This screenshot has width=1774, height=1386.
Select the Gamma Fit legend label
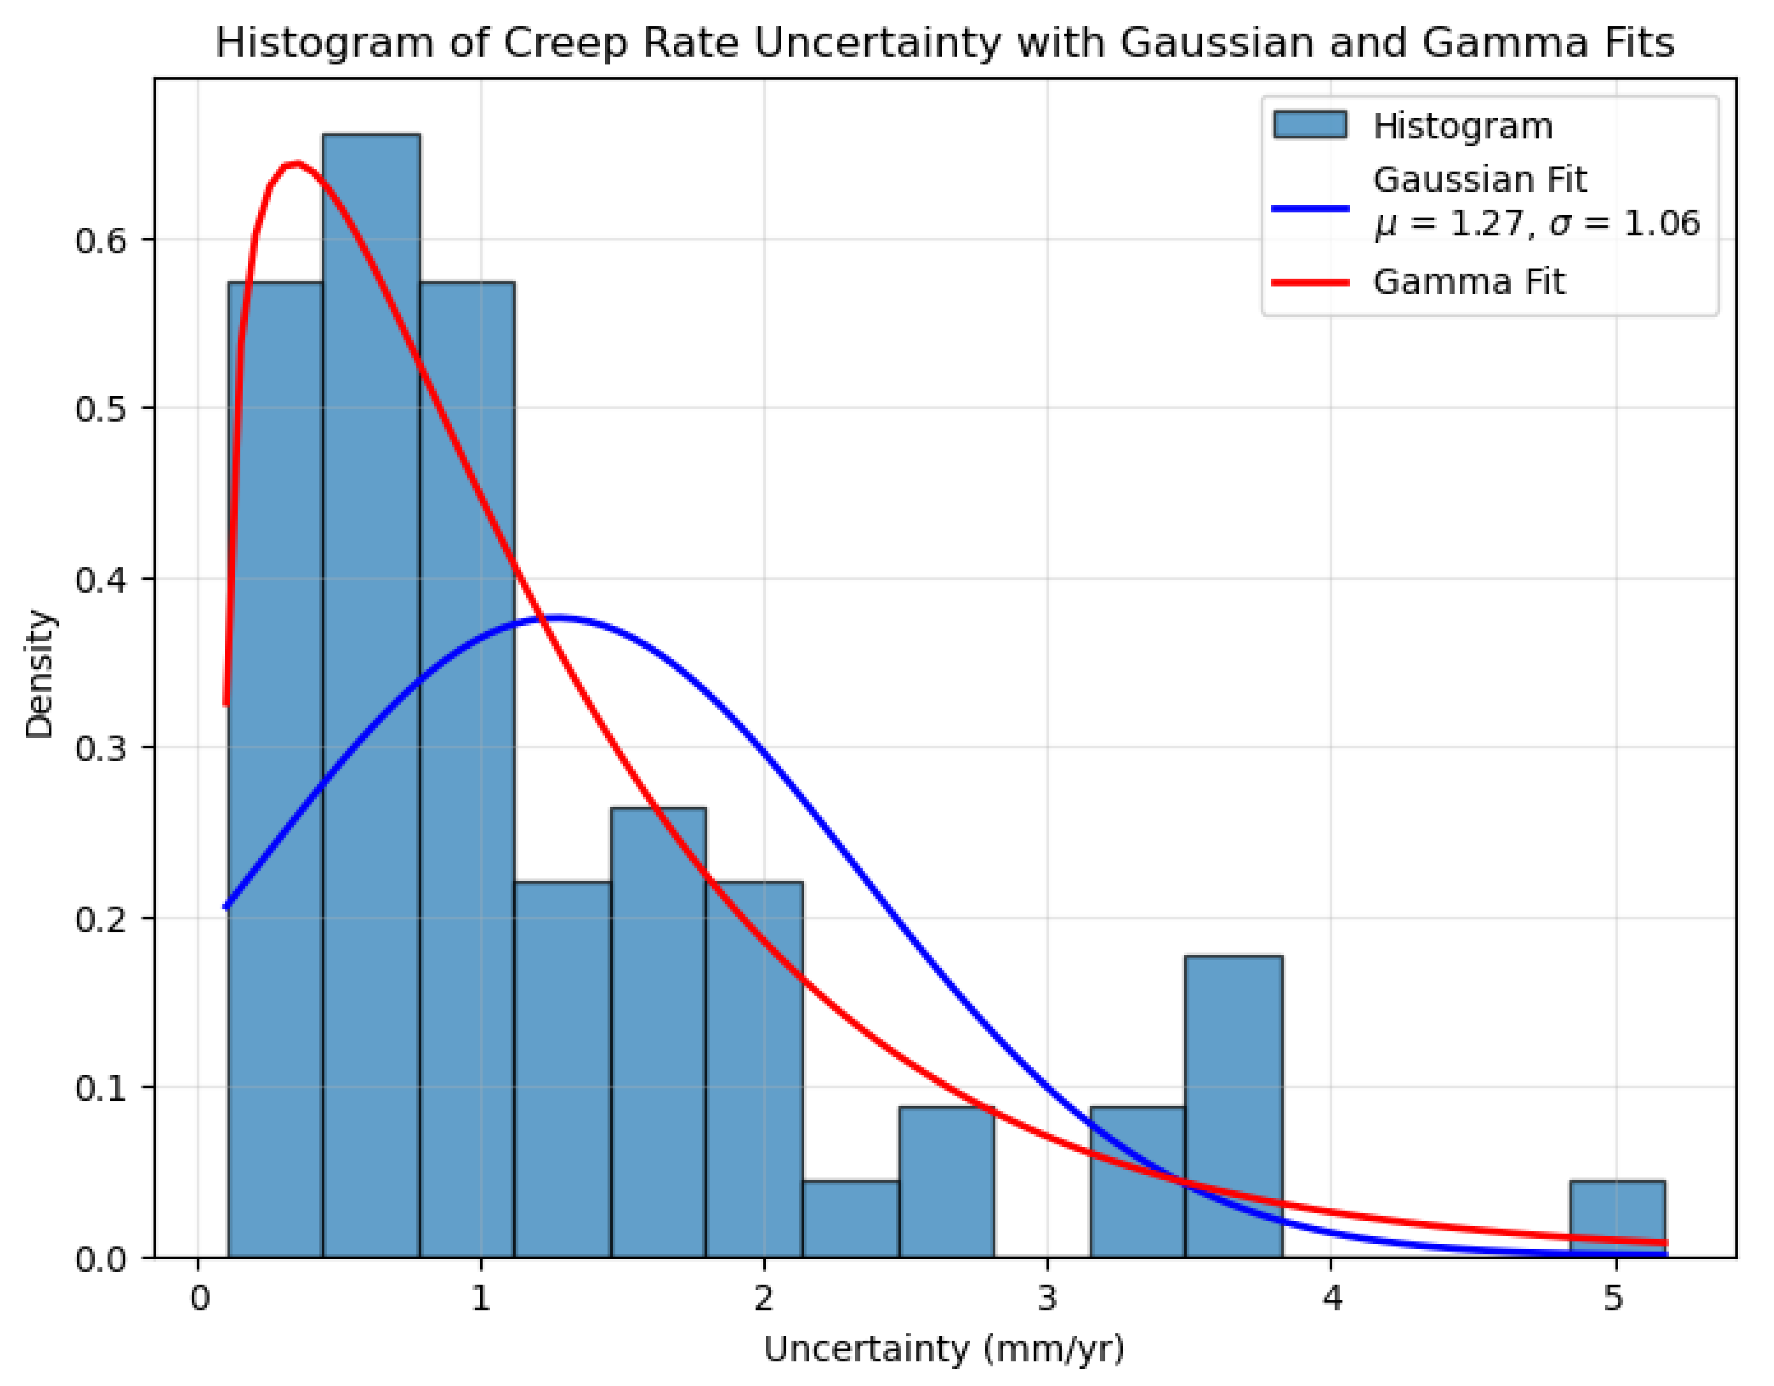[x=1468, y=282]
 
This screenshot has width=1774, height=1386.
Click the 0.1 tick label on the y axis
[x=101, y=1088]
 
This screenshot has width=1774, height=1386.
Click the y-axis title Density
[x=39, y=674]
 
